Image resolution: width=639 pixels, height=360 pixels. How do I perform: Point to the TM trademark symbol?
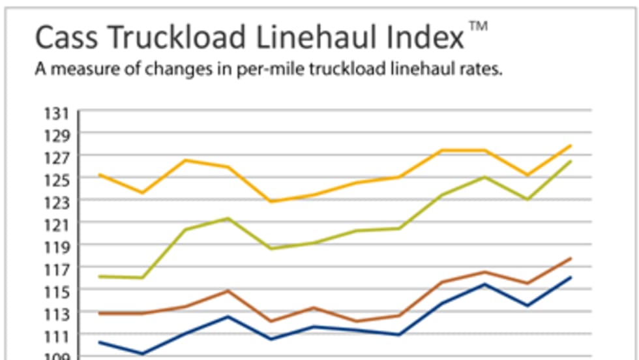(x=478, y=26)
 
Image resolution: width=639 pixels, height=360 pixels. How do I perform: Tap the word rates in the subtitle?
(x=482, y=70)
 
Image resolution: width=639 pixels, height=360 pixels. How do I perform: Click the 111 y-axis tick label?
(x=57, y=336)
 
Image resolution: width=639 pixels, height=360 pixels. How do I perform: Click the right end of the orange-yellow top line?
(x=571, y=145)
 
